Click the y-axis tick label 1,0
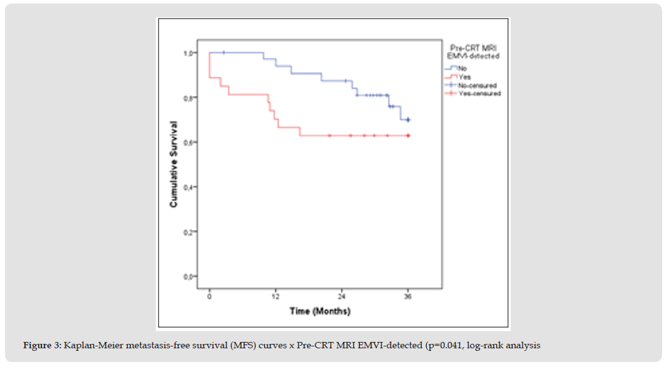click(190, 53)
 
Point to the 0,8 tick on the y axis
click(190, 98)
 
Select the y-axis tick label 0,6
click(190, 142)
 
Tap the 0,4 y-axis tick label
click(190, 187)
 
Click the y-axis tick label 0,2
click(190, 232)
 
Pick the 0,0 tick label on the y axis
click(190, 276)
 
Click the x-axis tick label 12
click(275, 297)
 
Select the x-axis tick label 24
click(342, 297)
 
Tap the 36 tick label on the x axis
click(408, 297)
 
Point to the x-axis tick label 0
click(209, 297)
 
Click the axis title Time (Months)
click(320, 311)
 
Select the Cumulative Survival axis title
click(173, 165)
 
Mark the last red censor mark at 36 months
click(408, 135)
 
